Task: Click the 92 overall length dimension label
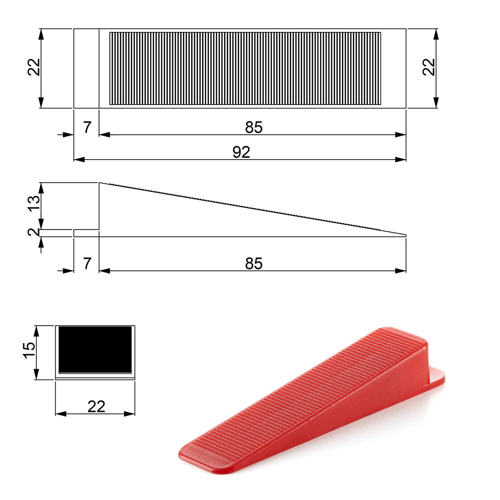click(x=241, y=152)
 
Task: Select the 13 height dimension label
click(x=34, y=203)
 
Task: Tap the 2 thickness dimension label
click(x=33, y=232)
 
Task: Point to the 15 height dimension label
click(x=29, y=350)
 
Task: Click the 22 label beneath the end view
click(x=96, y=407)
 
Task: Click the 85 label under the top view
click(x=254, y=127)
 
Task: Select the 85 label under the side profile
click(x=254, y=264)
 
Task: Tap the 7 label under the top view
click(x=87, y=127)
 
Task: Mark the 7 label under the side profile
click(x=87, y=264)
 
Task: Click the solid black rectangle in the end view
click(x=95, y=349)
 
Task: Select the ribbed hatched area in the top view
click(x=245, y=68)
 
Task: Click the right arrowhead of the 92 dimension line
click(x=401, y=160)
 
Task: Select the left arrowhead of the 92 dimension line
click(x=79, y=160)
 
